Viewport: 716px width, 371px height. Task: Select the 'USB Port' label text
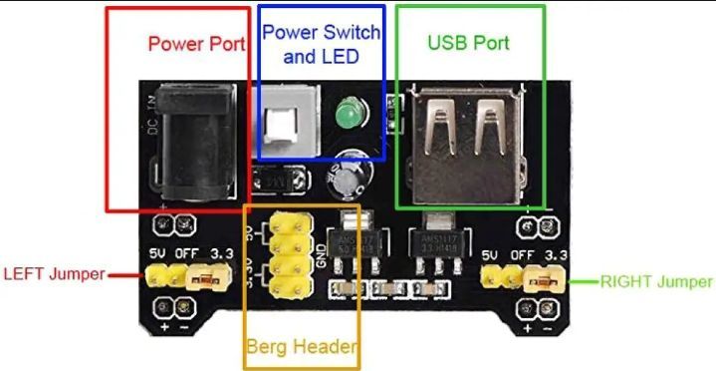pos(468,43)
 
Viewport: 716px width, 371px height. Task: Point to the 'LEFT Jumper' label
pos(54,273)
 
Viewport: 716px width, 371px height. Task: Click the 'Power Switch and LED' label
pos(321,45)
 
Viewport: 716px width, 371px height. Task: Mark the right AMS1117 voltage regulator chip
pos(436,240)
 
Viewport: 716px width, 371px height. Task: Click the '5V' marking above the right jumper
pos(489,256)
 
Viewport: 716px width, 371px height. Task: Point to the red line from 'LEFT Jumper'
pos(120,275)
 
